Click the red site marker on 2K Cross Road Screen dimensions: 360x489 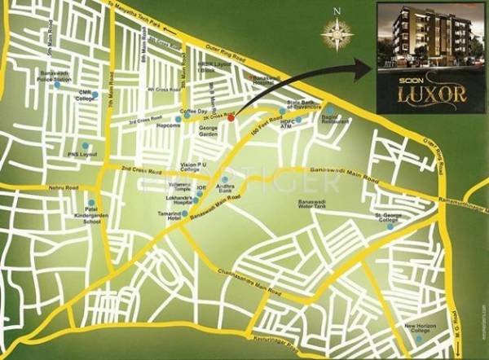[x=231, y=118]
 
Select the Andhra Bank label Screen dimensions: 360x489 [x=225, y=188]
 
